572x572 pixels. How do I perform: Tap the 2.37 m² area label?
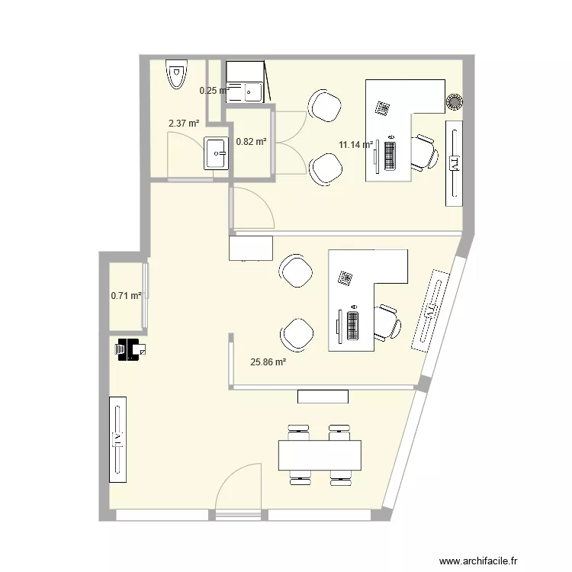[x=184, y=123]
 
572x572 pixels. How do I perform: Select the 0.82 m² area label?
[x=251, y=141]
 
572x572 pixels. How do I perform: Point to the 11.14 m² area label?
[x=355, y=144]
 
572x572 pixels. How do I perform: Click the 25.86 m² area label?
[x=268, y=363]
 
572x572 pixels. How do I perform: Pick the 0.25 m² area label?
[x=214, y=91]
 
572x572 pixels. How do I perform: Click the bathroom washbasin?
[x=217, y=153]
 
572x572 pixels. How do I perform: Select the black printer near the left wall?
[x=130, y=349]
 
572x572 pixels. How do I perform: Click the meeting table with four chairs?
[x=320, y=455]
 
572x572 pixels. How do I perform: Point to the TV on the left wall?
[x=118, y=439]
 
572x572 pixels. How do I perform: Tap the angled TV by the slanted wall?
[x=431, y=310]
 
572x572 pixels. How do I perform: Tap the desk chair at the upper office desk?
[x=423, y=153]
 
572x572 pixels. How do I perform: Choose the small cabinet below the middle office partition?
[x=323, y=396]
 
